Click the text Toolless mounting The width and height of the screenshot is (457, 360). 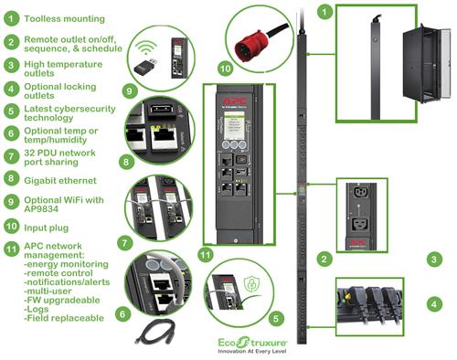[x=65, y=18]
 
